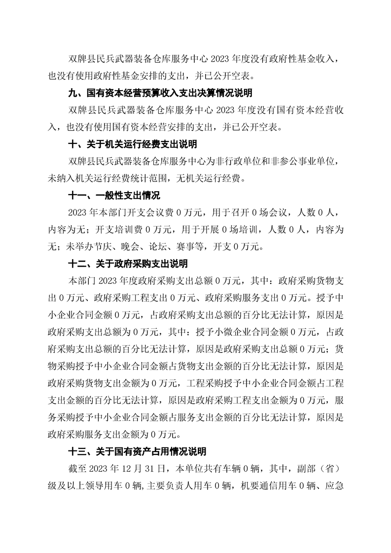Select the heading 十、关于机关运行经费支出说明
point(132,144)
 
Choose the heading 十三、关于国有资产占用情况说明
point(137,451)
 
